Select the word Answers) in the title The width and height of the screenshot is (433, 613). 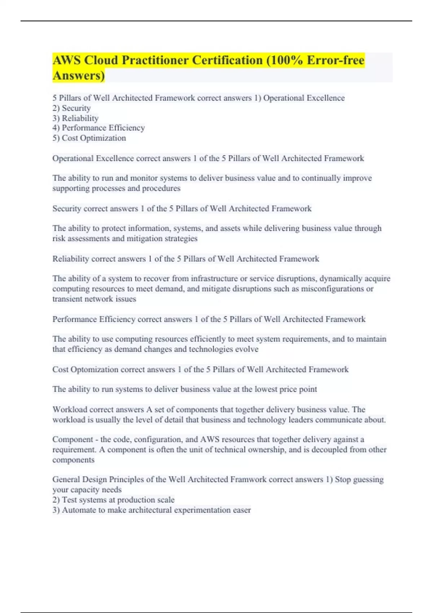click(x=79, y=75)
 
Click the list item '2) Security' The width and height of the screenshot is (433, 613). click(x=71, y=108)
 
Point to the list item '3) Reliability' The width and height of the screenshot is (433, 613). click(x=75, y=118)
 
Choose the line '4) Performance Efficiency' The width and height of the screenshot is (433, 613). click(x=99, y=128)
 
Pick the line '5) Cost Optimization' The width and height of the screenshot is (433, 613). click(x=89, y=138)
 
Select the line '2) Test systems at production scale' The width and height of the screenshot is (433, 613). click(x=113, y=500)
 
